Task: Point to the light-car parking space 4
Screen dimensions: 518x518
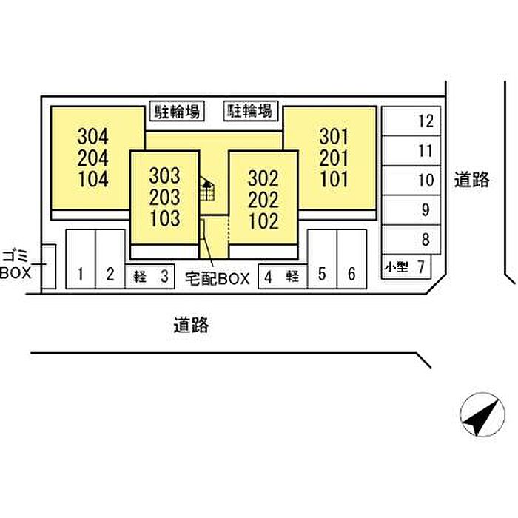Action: pos(282,277)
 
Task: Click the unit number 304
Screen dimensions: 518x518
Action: pos(92,137)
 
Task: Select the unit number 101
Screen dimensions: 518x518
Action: pos(334,178)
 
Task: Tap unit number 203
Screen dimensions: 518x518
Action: pos(164,198)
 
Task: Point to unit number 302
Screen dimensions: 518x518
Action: pos(263,178)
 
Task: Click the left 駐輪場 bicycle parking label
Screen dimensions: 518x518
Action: pos(176,112)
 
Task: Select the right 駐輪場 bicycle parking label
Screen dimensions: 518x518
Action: pos(250,112)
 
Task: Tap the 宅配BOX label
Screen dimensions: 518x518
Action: pos(217,279)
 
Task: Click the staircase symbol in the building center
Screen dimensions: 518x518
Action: pos(208,191)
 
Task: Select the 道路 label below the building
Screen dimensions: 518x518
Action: pos(192,324)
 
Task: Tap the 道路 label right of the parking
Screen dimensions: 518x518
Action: pos(471,179)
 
